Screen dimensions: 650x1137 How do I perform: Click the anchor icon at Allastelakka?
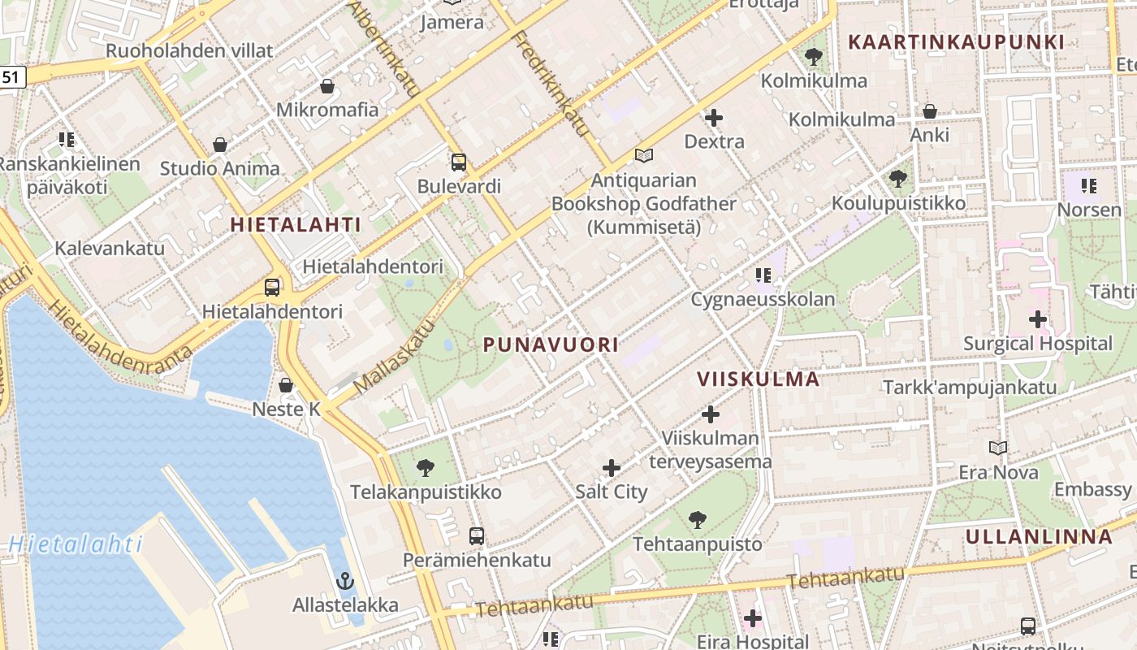(345, 581)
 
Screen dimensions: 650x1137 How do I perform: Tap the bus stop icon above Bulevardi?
(459, 162)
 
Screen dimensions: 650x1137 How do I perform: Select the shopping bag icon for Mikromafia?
(327, 85)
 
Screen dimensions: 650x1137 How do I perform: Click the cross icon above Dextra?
(714, 118)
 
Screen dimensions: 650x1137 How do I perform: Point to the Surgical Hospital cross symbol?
(1037, 319)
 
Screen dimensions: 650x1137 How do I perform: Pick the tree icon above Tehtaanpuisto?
(697, 520)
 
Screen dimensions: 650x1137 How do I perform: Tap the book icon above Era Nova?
(998, 448)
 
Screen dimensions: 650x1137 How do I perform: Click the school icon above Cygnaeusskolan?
(763, 275)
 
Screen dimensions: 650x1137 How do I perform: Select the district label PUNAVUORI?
(551, 344)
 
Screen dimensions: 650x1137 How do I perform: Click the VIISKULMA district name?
(759, 379)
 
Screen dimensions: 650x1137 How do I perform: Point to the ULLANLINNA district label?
(1039, 536)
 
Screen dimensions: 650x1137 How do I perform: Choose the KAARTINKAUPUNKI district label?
(956, 42)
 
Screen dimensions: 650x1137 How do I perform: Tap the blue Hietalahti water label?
(76, 544)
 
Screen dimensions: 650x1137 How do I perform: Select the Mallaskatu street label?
(396, 355)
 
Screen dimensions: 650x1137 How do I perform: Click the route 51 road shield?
(11, 77)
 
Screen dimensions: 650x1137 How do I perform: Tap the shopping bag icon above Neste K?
(286, 384)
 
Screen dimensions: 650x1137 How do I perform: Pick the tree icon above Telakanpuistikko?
(425, 468)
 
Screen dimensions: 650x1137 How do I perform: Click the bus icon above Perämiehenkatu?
(477, 536)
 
